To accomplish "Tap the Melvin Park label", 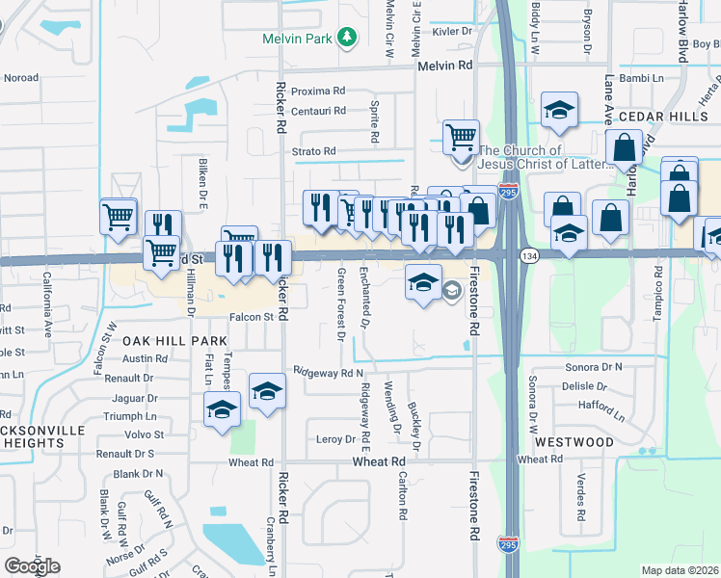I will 297,39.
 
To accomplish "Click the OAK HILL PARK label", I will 174,341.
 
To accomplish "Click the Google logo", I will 33,566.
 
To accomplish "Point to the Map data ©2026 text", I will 679,569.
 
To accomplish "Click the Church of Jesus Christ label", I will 546,157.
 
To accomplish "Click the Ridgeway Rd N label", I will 329,372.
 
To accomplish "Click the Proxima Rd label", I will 311,91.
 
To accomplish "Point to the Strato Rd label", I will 314,151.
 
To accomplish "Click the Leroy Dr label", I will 336,439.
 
